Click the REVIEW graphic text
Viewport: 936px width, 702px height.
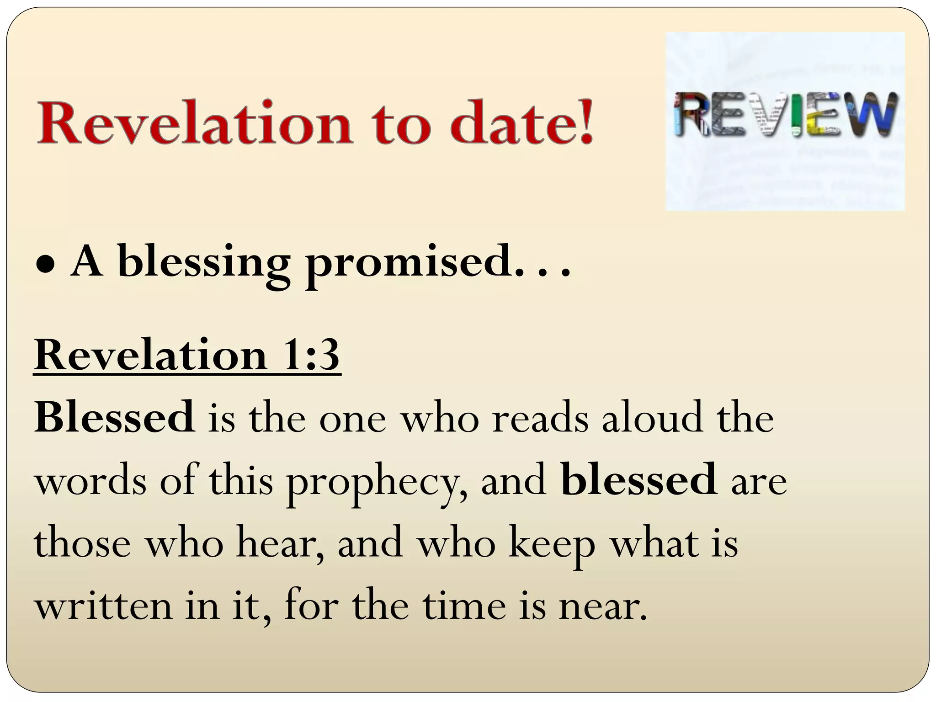[785, 114]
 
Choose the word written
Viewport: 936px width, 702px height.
[103, 606]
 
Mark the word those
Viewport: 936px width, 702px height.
[82, 544]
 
